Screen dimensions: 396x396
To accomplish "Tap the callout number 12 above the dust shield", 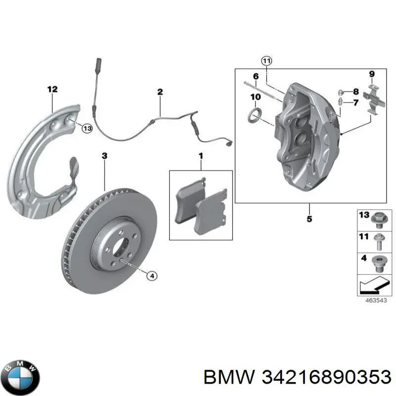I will tap(52, 90).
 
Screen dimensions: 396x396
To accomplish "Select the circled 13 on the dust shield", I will tap(87, 129).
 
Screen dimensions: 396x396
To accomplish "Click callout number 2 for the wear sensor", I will tap(160, 92).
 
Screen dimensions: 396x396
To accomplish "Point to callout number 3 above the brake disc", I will tap(104, 156).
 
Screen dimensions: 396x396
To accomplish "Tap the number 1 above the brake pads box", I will tap(201, 157).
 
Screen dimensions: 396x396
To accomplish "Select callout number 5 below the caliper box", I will tap(309, 219).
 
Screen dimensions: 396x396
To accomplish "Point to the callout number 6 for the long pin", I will tap(255, 76).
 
